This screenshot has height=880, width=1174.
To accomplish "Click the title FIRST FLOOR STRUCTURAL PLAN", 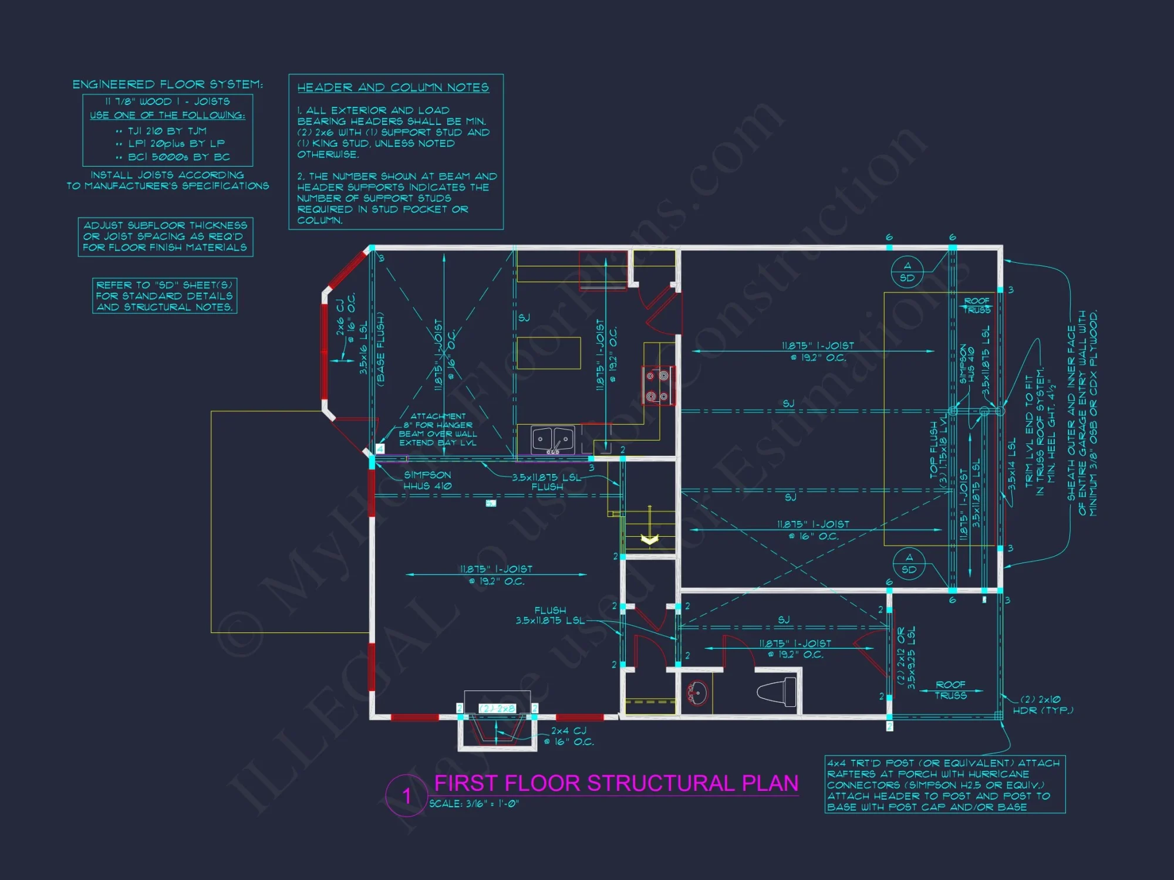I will pyautogui.click(x=616, y=783).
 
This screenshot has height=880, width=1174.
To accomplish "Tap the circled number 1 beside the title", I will pyautogui.click(x=406, y=796).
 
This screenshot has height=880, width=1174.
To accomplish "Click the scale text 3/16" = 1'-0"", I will pyautogui.click(x=474, y=804).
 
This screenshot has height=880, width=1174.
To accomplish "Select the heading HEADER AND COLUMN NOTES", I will pyautogui.click(x=393, y=87).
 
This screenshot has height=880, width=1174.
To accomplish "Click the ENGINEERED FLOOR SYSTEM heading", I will pyautogui.click(x=167, y=84).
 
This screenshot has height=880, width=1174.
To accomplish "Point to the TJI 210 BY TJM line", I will pyautogui.click(x=167, y=131).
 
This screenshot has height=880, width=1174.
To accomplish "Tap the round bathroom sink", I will pyautogui.click(x=697, y=693).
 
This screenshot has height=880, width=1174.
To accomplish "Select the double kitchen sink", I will pyautogui.click(x=552, y=439).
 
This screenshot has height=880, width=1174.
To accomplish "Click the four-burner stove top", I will pyautogui.click(x=657, y=385).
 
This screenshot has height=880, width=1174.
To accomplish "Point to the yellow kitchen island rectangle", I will pyautogui.click(x=548, y=353).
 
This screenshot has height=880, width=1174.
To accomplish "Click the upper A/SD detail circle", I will pyautogui.click(x=907, y=272).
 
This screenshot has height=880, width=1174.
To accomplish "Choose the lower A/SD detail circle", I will pyautogui.click(x=909, y=563).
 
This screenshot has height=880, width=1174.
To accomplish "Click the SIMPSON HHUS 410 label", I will pyautogui.click(x=427, y=480).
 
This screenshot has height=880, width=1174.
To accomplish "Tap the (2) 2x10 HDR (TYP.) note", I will pyautogui.click(x=1043, y=705).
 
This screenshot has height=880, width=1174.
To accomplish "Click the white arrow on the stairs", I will pyautogui.click(x=649, y=539).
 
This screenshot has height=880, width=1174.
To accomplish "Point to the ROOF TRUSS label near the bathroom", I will pyautogui.click(x=950, y=690).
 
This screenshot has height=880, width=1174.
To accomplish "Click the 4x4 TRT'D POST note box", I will pyautogui.click(x=944, y=784).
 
